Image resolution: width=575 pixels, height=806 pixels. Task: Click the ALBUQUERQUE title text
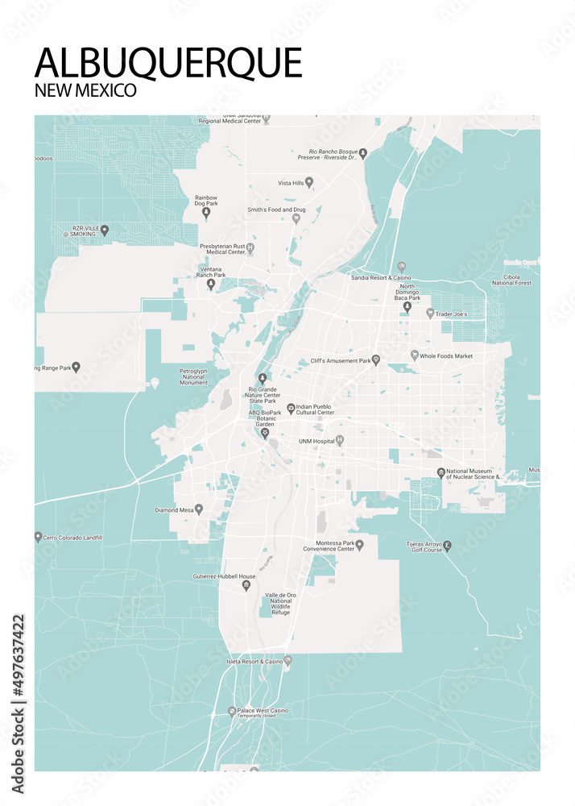click(168, 63)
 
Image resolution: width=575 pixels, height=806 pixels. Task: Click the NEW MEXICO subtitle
click(85, 90)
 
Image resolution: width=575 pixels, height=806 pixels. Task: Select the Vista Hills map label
click(291, 184)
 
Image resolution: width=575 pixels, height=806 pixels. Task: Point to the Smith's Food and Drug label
click(276, 210)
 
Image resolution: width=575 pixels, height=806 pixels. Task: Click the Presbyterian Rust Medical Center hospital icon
click(250, 247)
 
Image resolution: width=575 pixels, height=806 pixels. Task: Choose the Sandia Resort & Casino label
click(381, 277)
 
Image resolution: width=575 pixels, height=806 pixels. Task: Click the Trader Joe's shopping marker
click(430, 313)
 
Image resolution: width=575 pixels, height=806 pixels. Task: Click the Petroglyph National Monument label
click(193, 376)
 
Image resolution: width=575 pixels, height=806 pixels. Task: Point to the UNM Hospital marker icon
click(340, 440)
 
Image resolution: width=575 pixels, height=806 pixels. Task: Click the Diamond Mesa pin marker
click(199, 509)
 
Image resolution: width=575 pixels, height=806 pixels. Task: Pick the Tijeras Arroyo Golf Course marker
click(448, 546)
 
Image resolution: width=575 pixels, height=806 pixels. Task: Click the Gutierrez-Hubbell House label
click(224, 577)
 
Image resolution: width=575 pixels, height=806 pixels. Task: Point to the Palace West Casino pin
click(232, 712)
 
